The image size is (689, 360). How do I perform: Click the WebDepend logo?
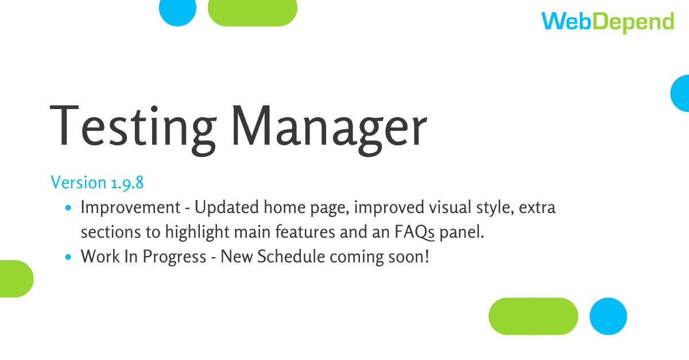pos(607,22)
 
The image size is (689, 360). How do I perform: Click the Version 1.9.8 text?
pos(97,183)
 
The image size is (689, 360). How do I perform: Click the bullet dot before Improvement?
pos(69,208)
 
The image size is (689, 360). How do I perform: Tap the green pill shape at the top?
pos(252,11)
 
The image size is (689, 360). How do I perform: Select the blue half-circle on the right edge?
pos(681,92)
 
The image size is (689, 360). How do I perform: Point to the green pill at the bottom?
pos(533,316)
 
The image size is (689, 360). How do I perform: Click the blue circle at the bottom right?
pos(609,316)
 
